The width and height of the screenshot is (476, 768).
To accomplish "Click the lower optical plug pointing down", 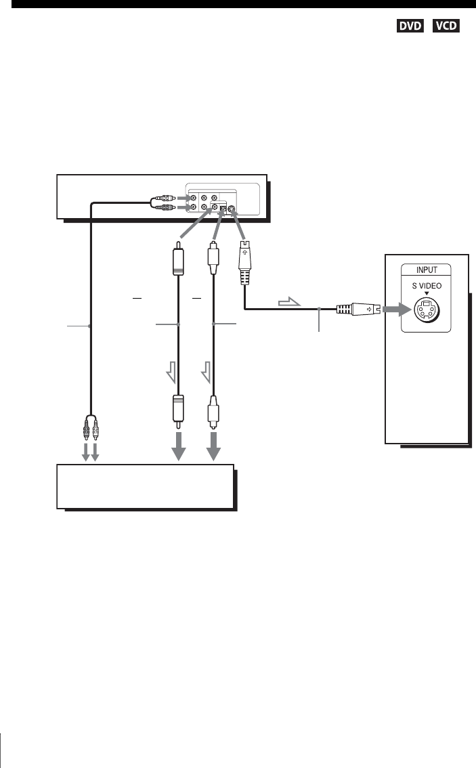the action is point(215,410).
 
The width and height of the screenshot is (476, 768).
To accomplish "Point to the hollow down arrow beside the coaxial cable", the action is point(171,371).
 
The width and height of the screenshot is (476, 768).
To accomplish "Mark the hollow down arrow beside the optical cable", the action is point(207,371).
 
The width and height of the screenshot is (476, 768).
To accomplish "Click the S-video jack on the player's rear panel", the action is point(233,209).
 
